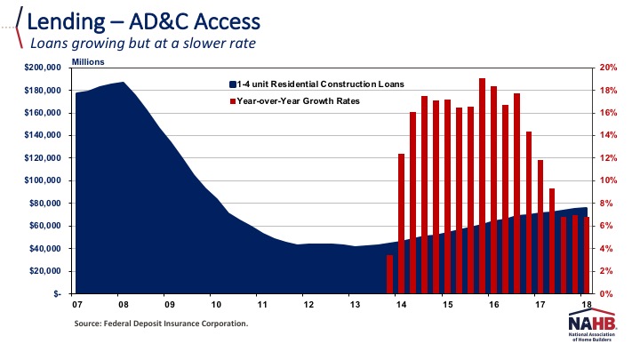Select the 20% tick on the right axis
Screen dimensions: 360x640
pyautogui.click(x=608, y=68)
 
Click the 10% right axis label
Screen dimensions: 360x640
pyautogui.click(x=608, y=180)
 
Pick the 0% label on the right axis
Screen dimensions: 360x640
pyautogui.click(x=605, y=293)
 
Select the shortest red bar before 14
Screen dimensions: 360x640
pyautogui.click(x=389, y=274)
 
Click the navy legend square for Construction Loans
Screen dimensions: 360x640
pyautogui.click(x=233, y=84)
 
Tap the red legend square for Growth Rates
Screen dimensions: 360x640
pyautogui.click(x=233, y=100)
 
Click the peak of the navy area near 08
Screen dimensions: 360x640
pyautogui.click(x=122, y=83)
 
